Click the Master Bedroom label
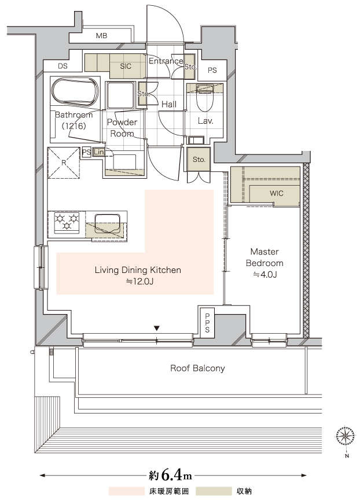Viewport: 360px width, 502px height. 265,257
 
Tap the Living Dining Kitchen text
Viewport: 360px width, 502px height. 138,270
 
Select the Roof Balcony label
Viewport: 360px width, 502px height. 197,368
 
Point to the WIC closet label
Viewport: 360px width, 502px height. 277,193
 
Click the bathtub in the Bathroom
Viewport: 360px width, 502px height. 75,91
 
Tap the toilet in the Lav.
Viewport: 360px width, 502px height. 205,96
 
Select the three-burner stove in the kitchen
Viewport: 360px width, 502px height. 67,222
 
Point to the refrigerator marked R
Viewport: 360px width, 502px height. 64,163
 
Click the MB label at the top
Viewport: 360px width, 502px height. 101,36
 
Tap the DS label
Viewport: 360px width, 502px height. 63,66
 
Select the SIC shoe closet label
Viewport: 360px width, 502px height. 126,66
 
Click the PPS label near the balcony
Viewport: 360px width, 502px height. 207,323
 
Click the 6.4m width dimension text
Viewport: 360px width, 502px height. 170,475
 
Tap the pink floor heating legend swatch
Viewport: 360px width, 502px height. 127,491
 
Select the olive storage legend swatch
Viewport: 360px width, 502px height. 214,491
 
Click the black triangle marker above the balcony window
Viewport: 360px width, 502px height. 156,328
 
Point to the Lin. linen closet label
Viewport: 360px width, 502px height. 99,152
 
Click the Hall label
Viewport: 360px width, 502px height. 169,104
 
